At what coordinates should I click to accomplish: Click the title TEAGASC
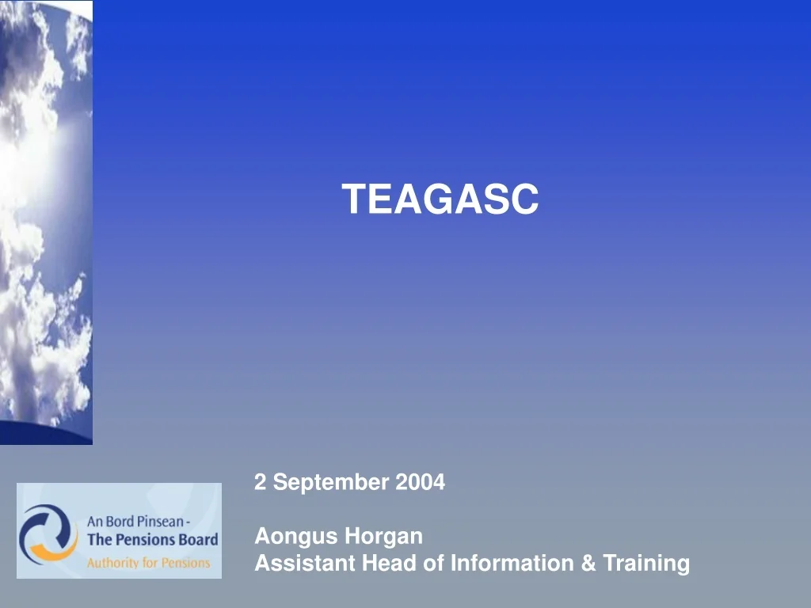[x=440, y=199]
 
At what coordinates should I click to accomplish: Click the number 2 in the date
[x=259, y=481]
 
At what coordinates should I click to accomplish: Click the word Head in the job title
[x=388, y=564]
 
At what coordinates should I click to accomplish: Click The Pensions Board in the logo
[x=152, y=541]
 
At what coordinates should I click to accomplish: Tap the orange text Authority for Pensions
[x=148, y=563]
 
